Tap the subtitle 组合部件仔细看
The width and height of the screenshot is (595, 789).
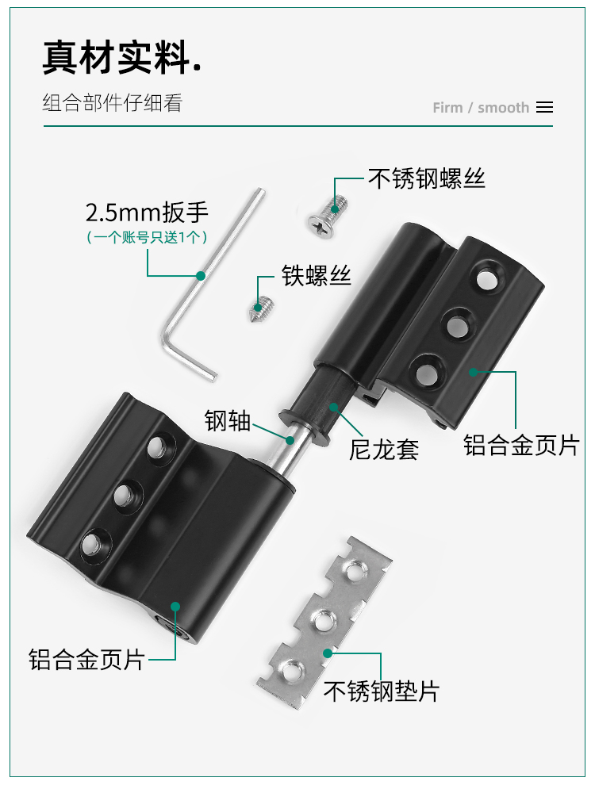coord(112,103)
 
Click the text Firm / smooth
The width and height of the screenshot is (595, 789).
coord(481,108)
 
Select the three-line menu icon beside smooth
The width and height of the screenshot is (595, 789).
coord(545,107)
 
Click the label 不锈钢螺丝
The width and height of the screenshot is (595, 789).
coord(427,178)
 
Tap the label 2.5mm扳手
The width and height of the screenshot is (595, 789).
coord(147,213)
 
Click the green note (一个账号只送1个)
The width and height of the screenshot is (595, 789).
coord(147,237)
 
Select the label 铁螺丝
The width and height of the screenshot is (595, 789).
coord(316,276)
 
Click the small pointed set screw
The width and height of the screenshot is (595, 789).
coord(262,309)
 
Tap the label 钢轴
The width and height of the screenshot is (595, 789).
coord(228,420)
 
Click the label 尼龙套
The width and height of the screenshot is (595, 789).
coord(384,450)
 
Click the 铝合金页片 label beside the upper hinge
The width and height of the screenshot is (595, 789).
coord(521,446)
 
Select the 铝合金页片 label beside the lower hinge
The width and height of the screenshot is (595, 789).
coord(86,659)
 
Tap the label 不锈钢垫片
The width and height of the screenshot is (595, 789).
coord(382,691)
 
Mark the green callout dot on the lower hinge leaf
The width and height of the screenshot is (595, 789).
coord(175,607)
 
